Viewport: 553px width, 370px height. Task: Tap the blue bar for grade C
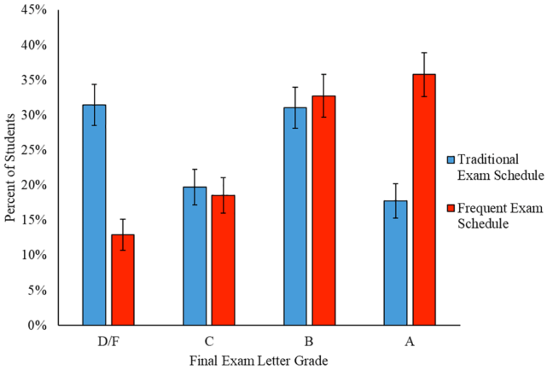[x=195, y=256]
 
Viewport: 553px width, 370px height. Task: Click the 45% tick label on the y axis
[x=31, y=10]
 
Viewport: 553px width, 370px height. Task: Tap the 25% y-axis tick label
[x=31, y=150]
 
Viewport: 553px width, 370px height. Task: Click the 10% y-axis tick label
[x=31, y=255]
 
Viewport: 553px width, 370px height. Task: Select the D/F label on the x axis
[x=108, y=340]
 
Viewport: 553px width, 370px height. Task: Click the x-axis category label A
[x=410, y=340]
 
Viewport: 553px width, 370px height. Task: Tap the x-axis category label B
[x=310, y=340]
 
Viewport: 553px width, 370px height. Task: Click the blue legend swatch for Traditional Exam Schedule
[x=451, y=159]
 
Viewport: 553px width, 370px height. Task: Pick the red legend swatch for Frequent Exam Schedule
[x=451, y=209]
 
